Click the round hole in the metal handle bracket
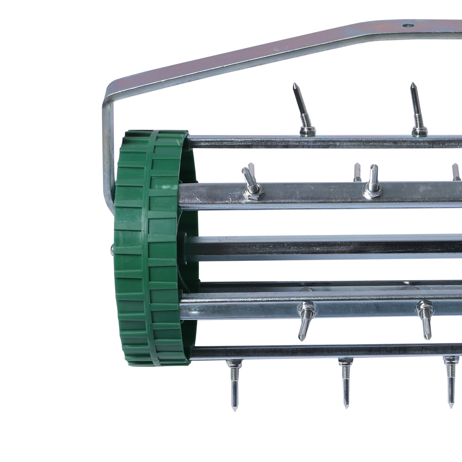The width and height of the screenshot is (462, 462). point(408,26)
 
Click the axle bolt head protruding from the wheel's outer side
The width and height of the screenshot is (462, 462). point(112,250)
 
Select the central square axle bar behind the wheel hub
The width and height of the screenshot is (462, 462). point(321,248)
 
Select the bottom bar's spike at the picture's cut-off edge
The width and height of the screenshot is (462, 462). point(451,383)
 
